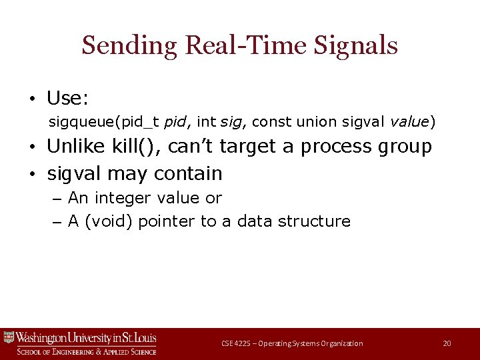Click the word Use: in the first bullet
(x=67, y=99)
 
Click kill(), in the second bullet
(x=129, y=146)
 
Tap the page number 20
(x=447, y=343)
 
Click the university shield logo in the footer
(x=9, y=337)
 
